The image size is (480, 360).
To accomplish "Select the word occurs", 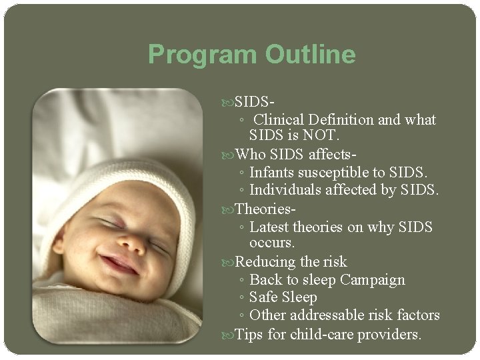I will point(272,244).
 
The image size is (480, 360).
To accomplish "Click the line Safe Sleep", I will point(283,297).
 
